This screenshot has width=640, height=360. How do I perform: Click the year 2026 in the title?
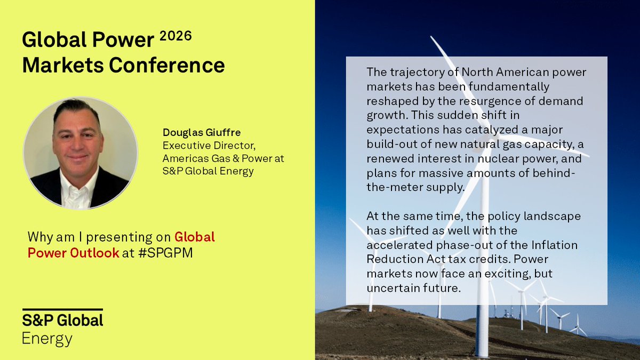click(175, 39)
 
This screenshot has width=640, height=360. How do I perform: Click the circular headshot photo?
click(81, 153)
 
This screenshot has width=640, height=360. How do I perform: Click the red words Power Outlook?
click(73, 252)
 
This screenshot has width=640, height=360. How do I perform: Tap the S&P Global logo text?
click(62, 321)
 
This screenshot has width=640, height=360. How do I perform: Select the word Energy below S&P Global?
click(47, 338)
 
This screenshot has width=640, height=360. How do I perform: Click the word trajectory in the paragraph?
click(411, 72)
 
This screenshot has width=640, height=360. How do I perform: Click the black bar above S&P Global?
click(62, 309)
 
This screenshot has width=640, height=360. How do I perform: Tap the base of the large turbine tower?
click(482, 352)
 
